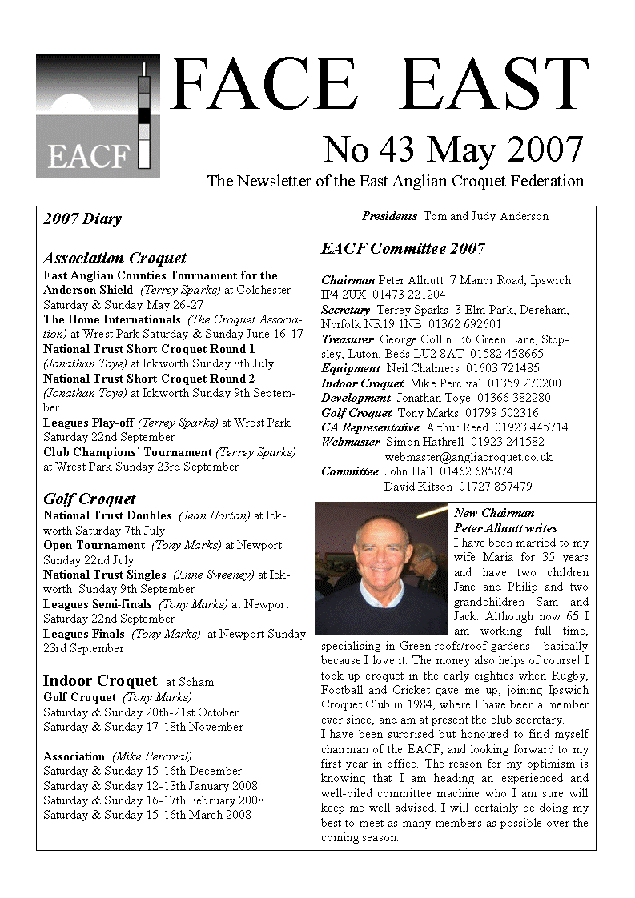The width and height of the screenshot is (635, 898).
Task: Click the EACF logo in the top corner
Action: click(x=98, y=116)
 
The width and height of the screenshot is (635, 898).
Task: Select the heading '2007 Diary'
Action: click(x=82, y=219)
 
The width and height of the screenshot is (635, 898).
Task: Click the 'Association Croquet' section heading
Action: click(x=115, y=258)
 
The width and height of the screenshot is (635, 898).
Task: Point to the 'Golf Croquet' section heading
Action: click(x=90, y=499)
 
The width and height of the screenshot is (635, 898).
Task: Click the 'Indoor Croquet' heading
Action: click(x=100, y=681)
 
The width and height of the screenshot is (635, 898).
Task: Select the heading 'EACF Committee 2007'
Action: click(x=403, y=249)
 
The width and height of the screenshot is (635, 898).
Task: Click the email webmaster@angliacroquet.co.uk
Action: click(x=468, y=457)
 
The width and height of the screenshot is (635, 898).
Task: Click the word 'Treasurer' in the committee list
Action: click(x=348, y=339)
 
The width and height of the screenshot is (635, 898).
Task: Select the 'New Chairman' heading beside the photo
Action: click(x=494, y=513)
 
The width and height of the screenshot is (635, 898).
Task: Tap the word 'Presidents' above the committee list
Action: click(x=389, y=216)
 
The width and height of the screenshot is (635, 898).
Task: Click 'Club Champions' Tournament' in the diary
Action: click(x=128, y=452)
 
